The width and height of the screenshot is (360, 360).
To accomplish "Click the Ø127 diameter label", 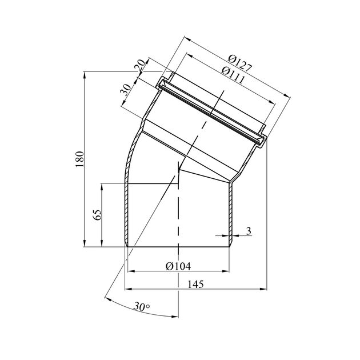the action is coord(240,63).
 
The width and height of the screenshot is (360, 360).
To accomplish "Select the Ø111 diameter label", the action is coord(233,75).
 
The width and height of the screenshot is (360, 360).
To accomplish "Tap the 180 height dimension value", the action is coord(79,159).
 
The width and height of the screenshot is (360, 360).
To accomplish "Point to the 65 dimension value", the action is coord(98,215).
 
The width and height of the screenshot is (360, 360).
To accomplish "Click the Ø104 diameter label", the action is coord(178,266).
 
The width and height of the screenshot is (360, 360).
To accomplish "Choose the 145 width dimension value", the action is coord(195,284).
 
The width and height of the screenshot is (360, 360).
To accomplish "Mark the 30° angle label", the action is coord(142,306).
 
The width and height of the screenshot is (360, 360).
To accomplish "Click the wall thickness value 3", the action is coord(249,231).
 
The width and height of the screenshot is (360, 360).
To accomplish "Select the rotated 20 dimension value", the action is coord(140,66).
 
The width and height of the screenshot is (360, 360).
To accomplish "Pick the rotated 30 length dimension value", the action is coord(126,90).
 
